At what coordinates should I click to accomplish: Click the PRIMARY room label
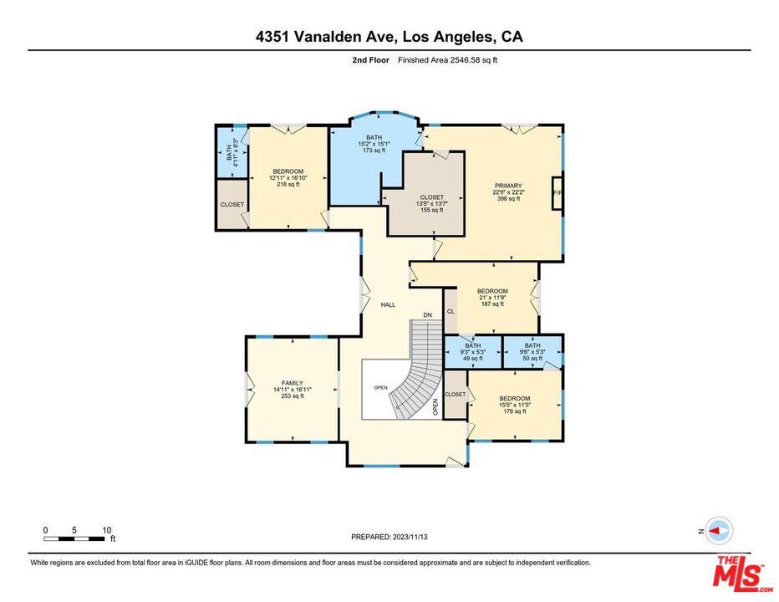[508, 186]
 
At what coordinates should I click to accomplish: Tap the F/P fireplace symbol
[557, 192]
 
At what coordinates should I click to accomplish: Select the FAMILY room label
[292, 383]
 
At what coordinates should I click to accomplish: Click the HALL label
[388, 304]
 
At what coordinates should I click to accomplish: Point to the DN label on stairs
[427, 314]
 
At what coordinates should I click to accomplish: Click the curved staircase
[418, 376]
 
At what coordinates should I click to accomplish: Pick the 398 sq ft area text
[508, 200]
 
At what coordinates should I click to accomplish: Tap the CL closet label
[451, 311]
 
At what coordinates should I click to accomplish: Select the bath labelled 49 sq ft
[473, 352]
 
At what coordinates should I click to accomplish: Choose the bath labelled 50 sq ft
[532, 352]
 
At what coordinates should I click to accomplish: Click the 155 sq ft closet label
[432, 203]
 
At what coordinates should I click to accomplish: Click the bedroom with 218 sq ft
[288, 178]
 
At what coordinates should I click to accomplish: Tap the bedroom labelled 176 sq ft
[514, 405]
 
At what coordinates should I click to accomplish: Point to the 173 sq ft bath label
[374, 144]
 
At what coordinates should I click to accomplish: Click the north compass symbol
[718, 531]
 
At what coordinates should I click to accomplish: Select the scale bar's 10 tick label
[107, 530]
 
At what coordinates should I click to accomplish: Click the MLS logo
[738, 573]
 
